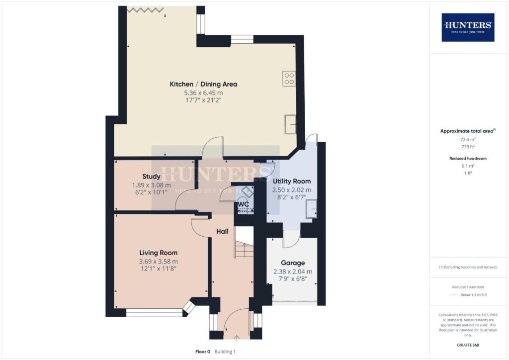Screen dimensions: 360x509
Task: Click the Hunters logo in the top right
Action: tap(468, 27)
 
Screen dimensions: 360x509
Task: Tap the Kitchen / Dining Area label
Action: tap(203, 84)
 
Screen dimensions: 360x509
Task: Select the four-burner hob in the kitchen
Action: tap(289, 79)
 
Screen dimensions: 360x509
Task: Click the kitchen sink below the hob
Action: tap(290, 124)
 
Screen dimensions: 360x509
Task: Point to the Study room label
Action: tap(151, 177)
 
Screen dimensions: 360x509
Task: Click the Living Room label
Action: tap(158, 253)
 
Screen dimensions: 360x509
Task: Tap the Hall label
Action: tap(222, 231)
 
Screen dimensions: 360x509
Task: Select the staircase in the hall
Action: tap(244, 242)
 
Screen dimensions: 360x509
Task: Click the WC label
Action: tap(243, 204)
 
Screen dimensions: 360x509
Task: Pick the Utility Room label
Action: tap(291, 181)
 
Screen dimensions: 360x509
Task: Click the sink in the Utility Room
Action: tap(311, 209)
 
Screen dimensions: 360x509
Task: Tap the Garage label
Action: tap(293, 263)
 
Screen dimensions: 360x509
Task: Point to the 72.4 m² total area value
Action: tap(467, 140)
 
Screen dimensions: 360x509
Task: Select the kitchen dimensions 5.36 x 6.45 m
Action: tap(203, 92)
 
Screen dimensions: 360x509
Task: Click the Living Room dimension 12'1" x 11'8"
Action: tap(158, 269)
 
